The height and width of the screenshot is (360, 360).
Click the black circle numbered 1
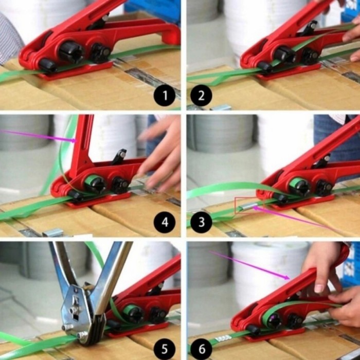tap(165, 95)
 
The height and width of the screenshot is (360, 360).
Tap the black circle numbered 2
tap(202, 95)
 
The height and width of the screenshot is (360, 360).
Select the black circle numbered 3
tap(202, 222)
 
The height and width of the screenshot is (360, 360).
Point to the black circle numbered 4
tap(165, 222)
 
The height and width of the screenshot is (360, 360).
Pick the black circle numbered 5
tap(165, 349)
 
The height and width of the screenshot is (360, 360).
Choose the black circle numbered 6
tap(202, 349)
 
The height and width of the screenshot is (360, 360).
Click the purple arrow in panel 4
tap(38, 136)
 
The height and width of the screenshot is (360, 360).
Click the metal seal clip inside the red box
tap(246, 207)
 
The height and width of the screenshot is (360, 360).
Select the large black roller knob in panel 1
tap(71, 52)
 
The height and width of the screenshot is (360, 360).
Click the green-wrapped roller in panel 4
tap(95, 183)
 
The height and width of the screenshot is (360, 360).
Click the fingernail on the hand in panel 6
tap(319, 289)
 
